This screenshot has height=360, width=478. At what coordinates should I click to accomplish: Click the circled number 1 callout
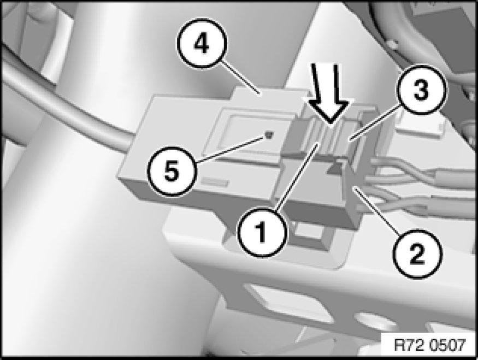262,232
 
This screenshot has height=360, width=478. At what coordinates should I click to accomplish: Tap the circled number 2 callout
417,253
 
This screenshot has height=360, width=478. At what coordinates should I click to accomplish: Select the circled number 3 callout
421,90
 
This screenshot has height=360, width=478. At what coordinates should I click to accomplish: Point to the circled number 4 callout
201,44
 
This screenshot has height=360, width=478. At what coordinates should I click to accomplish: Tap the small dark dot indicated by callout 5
269,134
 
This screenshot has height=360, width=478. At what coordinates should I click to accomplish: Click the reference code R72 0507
430,345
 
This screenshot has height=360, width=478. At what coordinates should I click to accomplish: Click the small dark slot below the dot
214,182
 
